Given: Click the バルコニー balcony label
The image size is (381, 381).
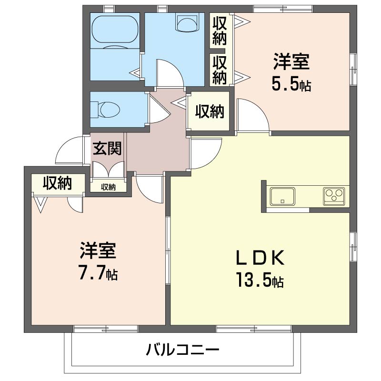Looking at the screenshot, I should click(x=182, y=351).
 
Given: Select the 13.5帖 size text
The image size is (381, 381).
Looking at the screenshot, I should click(x=260, y=281).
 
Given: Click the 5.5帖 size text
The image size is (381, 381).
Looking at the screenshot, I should click(x=291, y=84).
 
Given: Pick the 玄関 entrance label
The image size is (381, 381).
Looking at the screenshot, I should click(x=107, y=149).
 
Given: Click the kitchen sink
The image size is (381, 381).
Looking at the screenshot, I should click(x=282, y=196).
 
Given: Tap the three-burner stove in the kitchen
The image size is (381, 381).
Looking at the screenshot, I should click(x=334, y=196).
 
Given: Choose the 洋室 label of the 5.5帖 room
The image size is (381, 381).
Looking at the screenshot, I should click(x=291, y=62).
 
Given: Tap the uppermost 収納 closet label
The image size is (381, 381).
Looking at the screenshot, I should click(x=219, y=30).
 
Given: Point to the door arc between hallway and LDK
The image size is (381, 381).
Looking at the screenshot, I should click(x=205, y=152).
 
